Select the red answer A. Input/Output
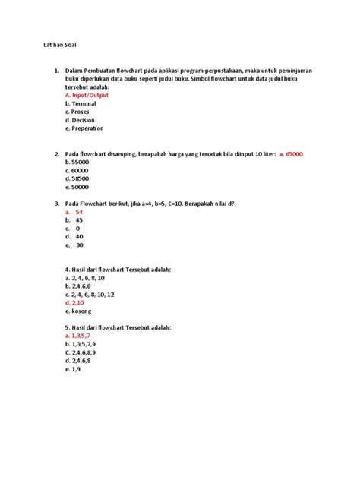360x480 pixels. point(87,96)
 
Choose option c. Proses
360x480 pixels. point(78,112)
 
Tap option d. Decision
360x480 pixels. point(81,121)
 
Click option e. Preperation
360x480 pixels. point(86,129)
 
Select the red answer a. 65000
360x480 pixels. point(292,154)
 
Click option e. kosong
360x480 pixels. point(81,311)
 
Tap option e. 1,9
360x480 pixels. point(74,369)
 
